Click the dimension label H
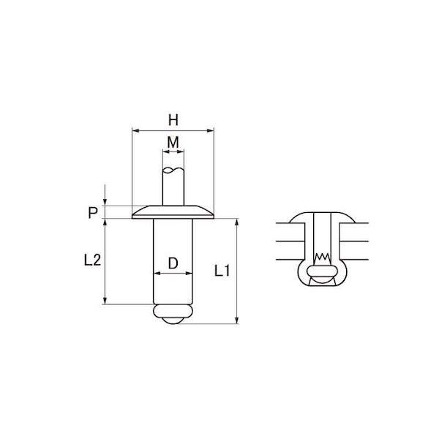173,120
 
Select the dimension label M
173,143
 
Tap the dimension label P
93,213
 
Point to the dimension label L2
92,260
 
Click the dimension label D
173,263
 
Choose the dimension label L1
222,271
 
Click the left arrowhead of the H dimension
136,130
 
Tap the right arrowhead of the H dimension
210,130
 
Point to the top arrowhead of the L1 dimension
237,222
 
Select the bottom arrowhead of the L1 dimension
237,320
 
